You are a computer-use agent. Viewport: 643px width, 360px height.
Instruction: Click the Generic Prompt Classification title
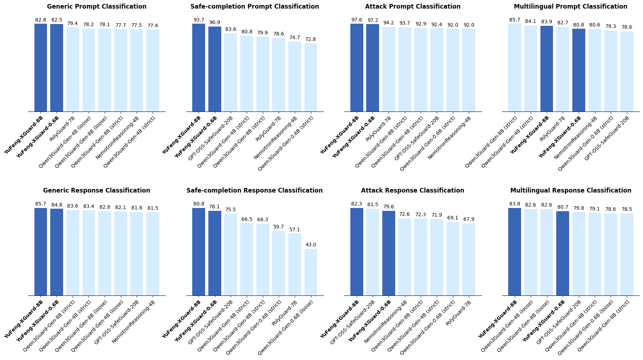click(96, 6)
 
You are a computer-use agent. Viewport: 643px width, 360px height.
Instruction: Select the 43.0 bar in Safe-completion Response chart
click(311, 272)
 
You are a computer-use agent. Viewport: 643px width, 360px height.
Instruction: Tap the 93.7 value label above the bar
click(199, 20)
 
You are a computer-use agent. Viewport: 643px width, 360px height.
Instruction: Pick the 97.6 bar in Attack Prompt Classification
click(356, 68)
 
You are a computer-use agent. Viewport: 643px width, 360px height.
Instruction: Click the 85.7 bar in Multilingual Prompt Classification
click(514, 68)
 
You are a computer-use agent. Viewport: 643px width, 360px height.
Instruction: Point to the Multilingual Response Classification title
click(571, 190)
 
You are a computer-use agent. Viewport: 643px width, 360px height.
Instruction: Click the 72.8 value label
click(311, 39)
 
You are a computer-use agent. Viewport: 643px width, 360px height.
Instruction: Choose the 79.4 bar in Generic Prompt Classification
click(72, 70)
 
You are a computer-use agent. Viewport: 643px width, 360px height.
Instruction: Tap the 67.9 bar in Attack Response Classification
click(468, 260)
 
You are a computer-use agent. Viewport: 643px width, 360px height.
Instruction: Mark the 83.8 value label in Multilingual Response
click(514, 204)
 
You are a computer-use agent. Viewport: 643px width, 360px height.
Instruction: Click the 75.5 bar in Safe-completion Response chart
click(231, 255)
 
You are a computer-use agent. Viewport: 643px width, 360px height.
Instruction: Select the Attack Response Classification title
click(412, 190)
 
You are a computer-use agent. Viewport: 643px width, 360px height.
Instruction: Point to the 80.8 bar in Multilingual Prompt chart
click(578, 70)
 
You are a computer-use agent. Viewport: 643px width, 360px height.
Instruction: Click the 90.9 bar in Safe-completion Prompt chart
click(214, 69)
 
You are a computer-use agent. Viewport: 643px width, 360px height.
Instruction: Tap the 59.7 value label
click(279, 227)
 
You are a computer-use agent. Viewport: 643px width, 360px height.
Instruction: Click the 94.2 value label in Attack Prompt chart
click(388, 23)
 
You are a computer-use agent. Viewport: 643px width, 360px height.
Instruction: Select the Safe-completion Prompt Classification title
click(255, 6)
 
